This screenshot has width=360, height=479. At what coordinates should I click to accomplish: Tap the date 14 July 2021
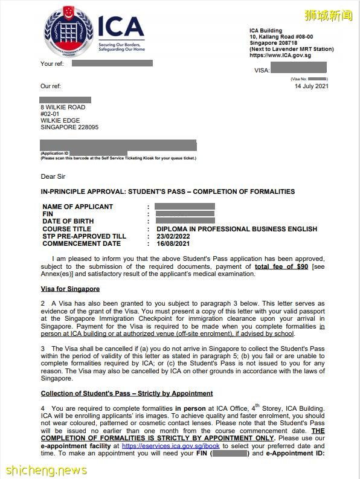[x=311, y=86]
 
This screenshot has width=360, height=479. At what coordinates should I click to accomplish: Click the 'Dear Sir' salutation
[x=53, y=176]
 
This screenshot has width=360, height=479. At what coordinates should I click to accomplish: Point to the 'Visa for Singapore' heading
[x=70, y=289]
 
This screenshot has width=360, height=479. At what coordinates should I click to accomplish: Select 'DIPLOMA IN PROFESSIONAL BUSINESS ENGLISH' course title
[x=236, y=229]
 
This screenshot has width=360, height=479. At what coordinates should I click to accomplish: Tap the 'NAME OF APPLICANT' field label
[x=77, y=207]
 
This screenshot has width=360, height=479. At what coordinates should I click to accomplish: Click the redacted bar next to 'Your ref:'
[x=112, y=63]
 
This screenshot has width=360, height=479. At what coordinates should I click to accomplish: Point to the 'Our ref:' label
[x=51, y=86]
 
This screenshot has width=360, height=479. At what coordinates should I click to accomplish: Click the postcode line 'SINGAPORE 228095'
[x=69, y=127]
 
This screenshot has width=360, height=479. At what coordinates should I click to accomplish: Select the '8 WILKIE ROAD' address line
[x=63, y=107]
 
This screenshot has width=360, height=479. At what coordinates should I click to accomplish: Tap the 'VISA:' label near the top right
[x=262, y=71]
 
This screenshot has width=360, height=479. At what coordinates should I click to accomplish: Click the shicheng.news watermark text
[x=46, y=469]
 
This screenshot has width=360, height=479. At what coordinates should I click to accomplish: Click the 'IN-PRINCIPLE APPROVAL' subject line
[x=168, y=191]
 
